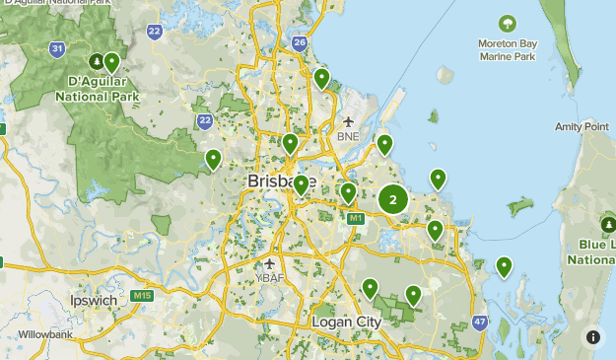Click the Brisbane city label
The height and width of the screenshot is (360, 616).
click(x=281, y=182)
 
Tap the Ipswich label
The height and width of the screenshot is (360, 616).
click(x=94, y=300)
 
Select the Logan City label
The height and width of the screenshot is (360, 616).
click(x=345, y=323)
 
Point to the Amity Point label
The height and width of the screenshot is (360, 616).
click(x=581, y=127)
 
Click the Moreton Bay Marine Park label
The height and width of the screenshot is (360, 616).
click(x=507, y=51)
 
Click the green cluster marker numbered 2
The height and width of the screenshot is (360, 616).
click(x=393, y=200)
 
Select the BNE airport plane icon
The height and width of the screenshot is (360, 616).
click(x=348, y=121)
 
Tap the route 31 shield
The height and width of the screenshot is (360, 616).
click(x=58, y=47)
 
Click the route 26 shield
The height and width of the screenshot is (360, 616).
click(x=300, y=42)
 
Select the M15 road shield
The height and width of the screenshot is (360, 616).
click(x=143, y=296)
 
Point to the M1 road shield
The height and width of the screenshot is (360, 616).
click(x=355, y=217)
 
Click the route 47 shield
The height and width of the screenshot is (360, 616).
click(x=480, y=322)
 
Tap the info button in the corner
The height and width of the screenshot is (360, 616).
click(x=593, y=337)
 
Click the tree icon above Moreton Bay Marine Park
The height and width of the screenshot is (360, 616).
click(x=507, y=23)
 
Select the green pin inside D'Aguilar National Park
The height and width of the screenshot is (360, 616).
click(x=112, y=63)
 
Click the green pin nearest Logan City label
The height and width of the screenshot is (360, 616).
click(x=370, y=288)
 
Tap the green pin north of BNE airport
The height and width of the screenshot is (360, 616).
click(x=321, y=78)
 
